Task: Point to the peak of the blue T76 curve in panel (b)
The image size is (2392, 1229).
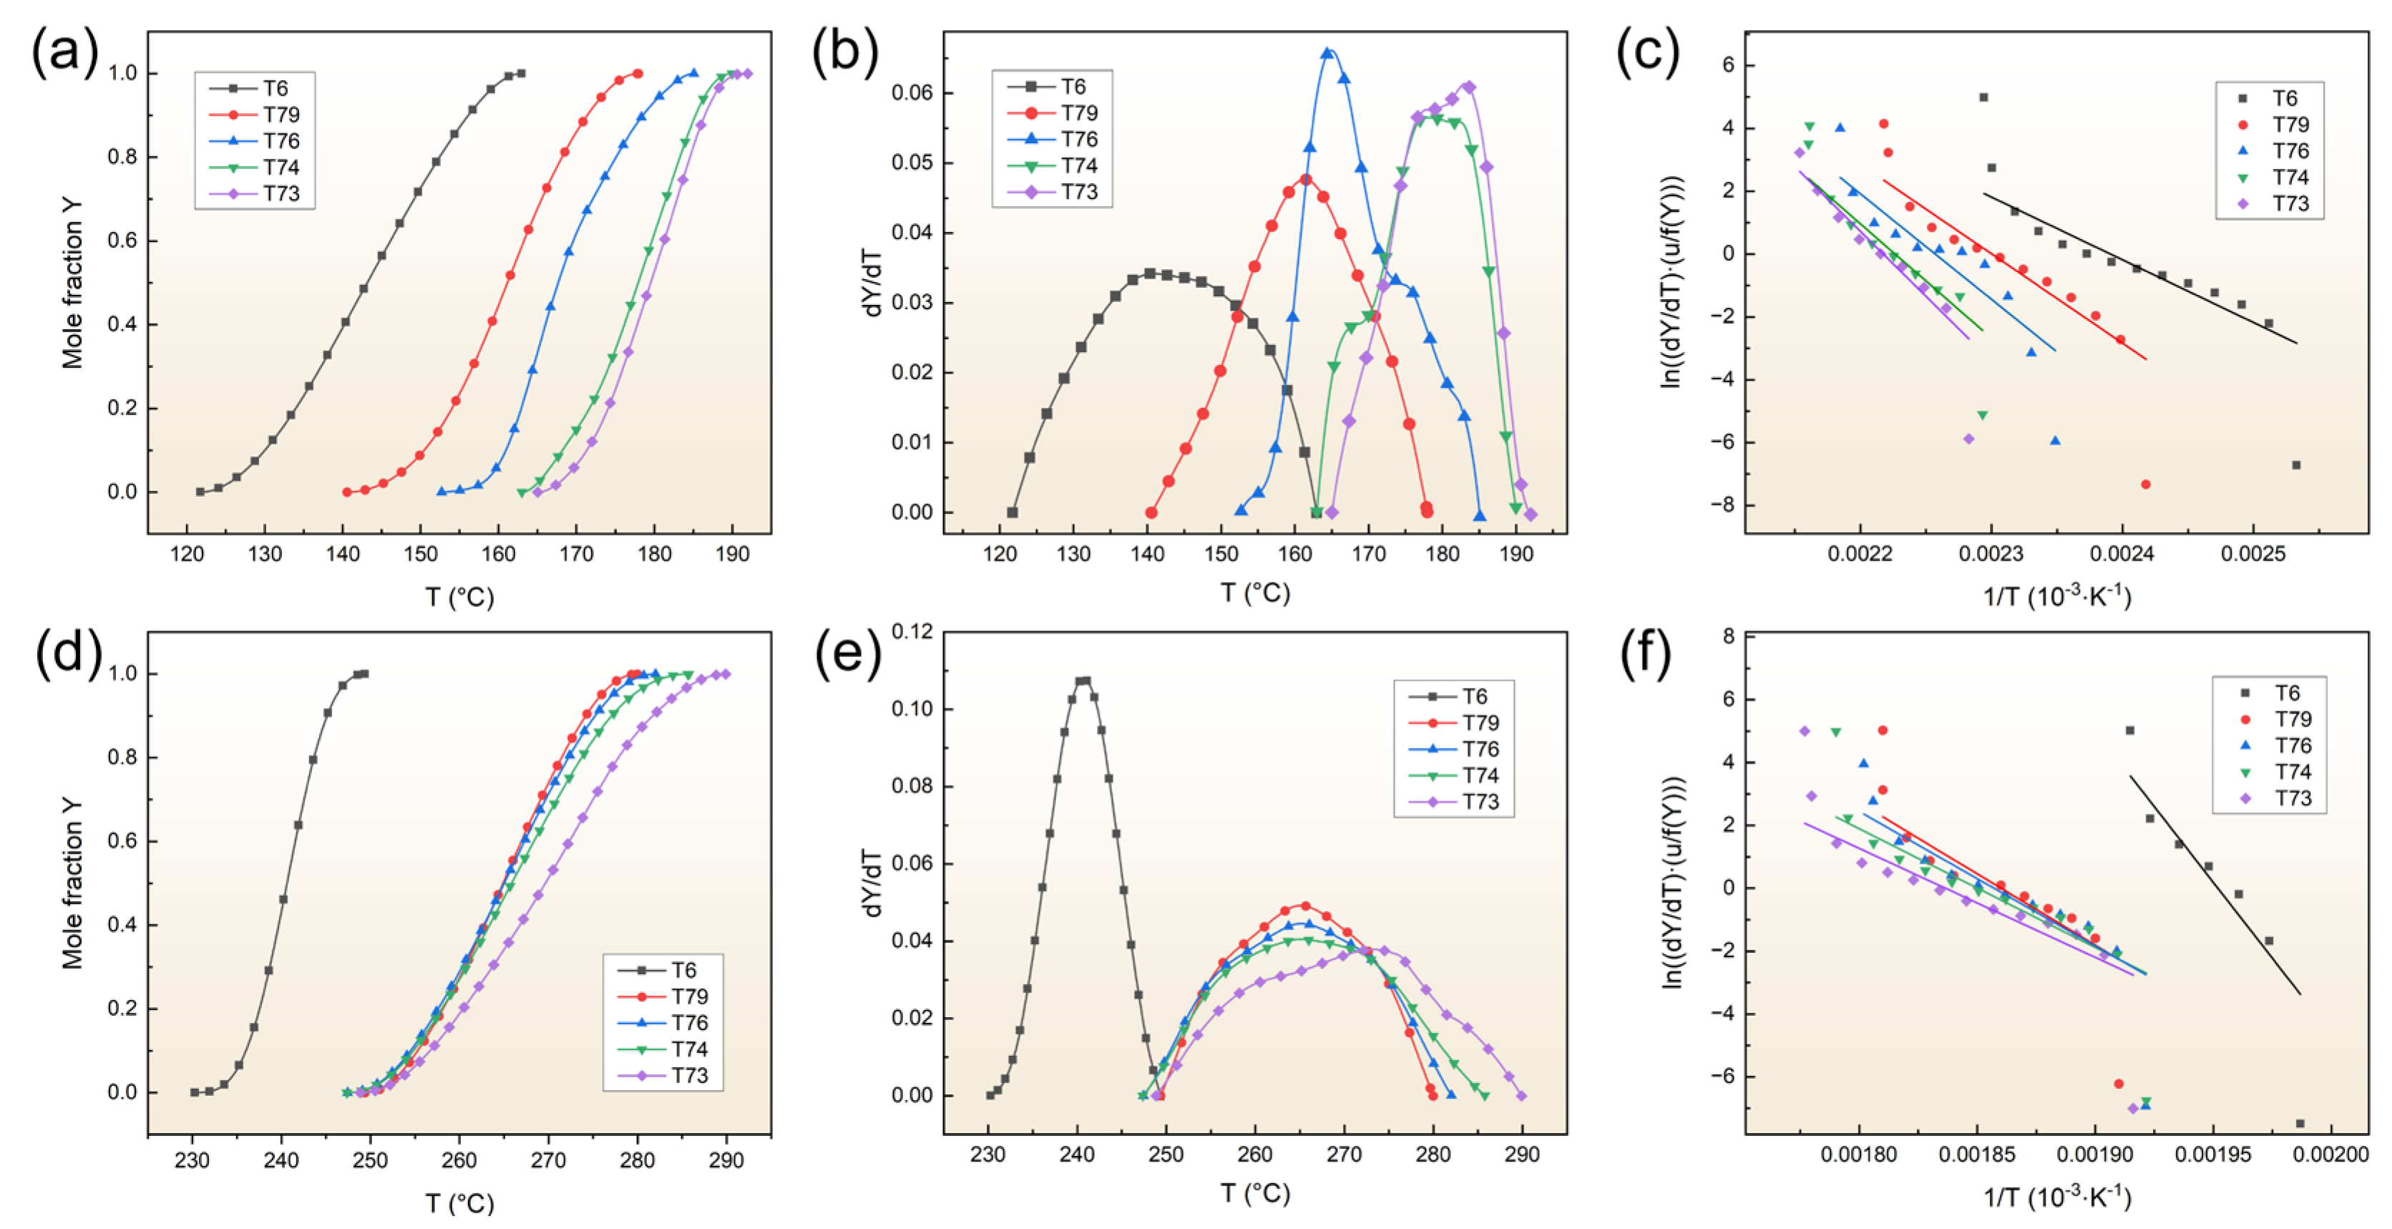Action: click(x=1327, y=53)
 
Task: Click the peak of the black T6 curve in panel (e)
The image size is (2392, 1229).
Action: click(x=1083, y=680)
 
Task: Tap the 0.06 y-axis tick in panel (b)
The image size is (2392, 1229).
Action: click(x=911, y=93)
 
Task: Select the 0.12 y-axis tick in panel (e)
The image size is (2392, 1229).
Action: click(x=911, y=632)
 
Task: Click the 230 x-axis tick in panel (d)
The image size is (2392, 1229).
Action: click(x=192, y=1160)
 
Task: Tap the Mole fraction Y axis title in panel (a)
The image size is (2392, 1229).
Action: click(x=72, y=283)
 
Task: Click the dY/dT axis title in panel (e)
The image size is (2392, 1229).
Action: click(x=873, y=883)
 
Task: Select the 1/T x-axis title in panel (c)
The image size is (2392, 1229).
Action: click(x=2057, y=596)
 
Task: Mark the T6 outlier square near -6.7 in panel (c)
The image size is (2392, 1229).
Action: click(x=2295, y=465)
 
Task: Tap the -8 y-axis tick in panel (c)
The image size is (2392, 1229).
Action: click(x=1719, y=505)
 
